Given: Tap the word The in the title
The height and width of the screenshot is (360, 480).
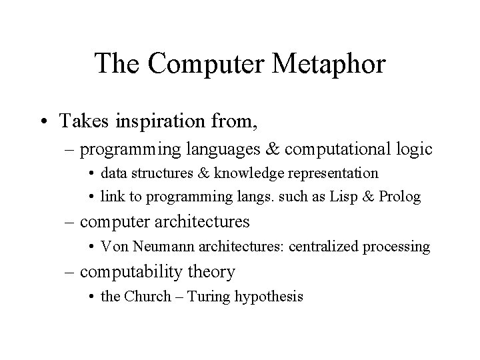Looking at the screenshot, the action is (x=117, y=63).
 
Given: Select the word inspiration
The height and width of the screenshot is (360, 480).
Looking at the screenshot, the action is (x=160, y=121).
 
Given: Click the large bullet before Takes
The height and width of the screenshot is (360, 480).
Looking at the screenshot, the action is (x=45, y=121).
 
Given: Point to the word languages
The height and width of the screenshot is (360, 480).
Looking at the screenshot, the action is (x=223, y=150).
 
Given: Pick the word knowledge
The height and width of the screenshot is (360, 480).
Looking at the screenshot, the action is (x=249, y=173).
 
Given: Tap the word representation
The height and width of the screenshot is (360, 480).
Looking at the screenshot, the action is (x=333, y=174).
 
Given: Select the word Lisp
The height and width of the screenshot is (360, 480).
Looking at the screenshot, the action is (x=343, y=197).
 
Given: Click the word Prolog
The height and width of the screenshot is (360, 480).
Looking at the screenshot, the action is (x=400, y=197).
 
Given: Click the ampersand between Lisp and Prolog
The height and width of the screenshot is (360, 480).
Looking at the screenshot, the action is (x=368, y=197).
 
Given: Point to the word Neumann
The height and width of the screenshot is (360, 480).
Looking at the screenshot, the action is (x=163, y=247).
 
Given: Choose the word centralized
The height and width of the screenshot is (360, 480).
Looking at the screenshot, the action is (x=323, y=247).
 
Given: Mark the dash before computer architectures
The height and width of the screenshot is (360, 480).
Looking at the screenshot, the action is (x=69, y=222).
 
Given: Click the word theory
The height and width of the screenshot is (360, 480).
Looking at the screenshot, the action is (x=211, y=272).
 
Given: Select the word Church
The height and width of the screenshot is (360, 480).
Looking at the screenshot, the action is (x=147, y=296).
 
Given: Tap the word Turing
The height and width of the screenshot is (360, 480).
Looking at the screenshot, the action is (x=209, y=297).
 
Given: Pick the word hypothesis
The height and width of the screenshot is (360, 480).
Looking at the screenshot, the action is (x=269, y=297).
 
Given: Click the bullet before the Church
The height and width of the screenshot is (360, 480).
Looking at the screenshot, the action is (x=91, y=297).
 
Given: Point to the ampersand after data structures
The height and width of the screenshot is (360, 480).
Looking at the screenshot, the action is (x=203, y=173).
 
